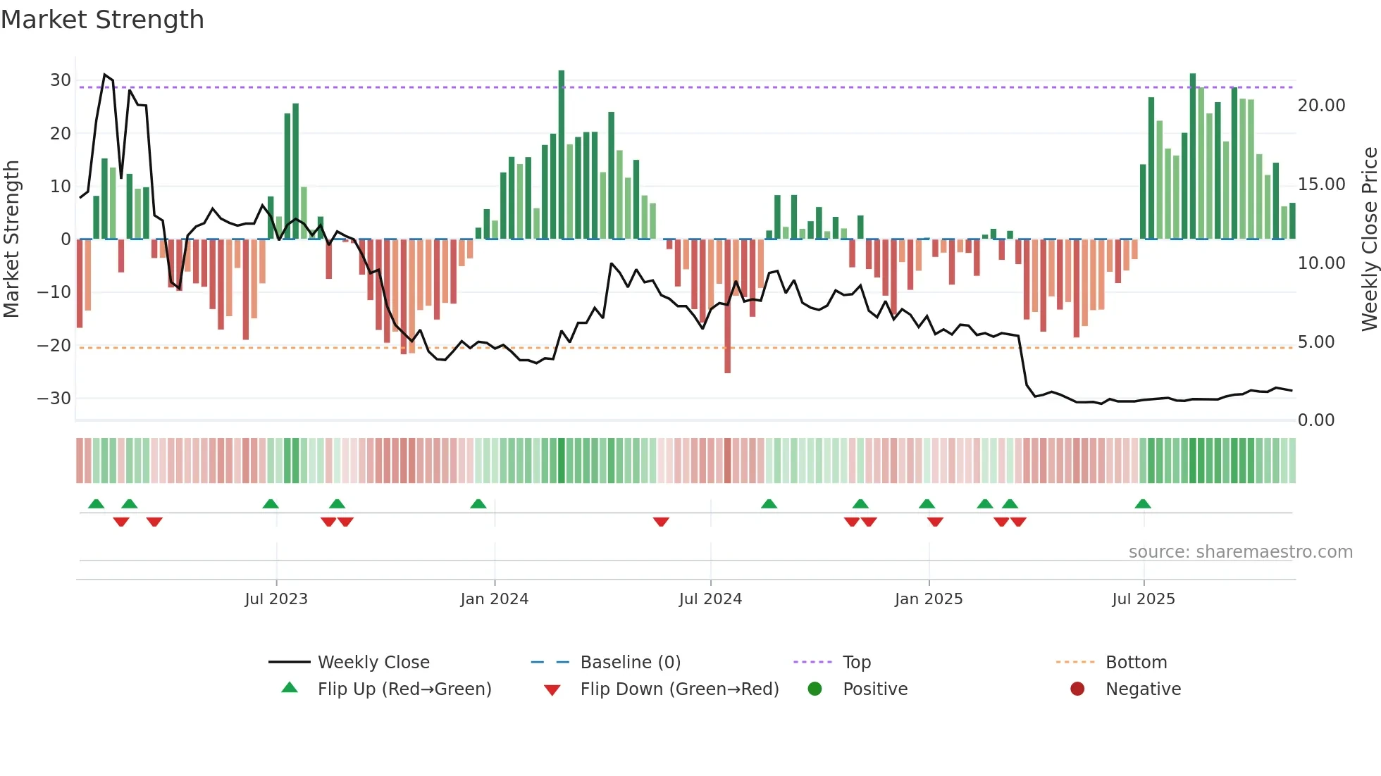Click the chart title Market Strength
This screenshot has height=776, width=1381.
click(102, 20)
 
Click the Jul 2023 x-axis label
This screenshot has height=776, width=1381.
click(276, 599)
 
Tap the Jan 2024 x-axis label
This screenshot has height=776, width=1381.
click(494, 599)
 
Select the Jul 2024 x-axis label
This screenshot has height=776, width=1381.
click(710, 599)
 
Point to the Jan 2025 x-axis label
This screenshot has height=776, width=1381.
click(929, 599)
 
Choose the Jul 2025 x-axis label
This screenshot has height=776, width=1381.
click(1144, 599)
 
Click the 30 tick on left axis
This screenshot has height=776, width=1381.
click(61, 80)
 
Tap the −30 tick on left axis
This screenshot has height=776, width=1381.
click(55, 399)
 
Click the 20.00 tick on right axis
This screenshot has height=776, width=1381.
click(1321, 106)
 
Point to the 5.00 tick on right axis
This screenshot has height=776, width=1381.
click(1315, 342)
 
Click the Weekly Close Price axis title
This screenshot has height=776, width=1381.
click(1369, 239)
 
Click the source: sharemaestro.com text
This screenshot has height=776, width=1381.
click(1240, 552)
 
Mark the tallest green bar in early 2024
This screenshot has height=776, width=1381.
click(562, 155)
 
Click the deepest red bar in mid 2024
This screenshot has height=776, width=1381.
click(727, 306)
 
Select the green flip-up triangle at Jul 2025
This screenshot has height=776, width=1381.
click(1143, 504)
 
